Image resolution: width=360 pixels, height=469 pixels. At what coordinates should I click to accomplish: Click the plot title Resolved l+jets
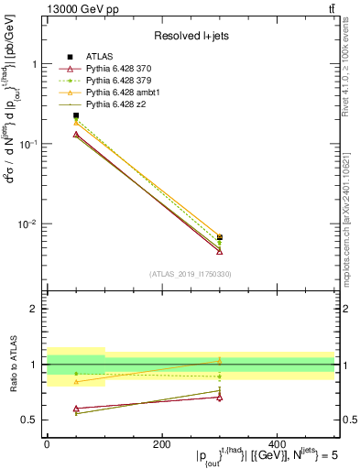191,36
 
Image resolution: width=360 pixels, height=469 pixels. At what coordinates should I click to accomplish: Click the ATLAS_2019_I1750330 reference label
191,274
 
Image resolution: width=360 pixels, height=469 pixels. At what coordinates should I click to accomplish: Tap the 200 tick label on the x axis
161,444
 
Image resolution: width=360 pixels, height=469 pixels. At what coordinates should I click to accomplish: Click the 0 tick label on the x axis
47,444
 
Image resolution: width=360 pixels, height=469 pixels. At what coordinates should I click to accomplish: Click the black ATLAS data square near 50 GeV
76,116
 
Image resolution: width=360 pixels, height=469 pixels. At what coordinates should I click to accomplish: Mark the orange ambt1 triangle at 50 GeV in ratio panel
76,382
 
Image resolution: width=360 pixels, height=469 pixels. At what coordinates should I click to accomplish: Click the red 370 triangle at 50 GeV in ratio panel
76,409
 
